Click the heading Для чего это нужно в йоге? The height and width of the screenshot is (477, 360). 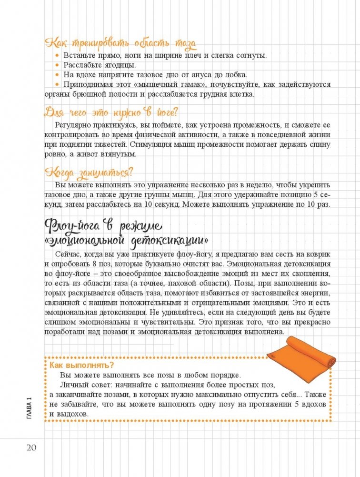coord(111,112)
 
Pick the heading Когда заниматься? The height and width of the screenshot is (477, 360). coord(88,172)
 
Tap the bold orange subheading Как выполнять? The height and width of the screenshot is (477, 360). coord(81,365)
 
